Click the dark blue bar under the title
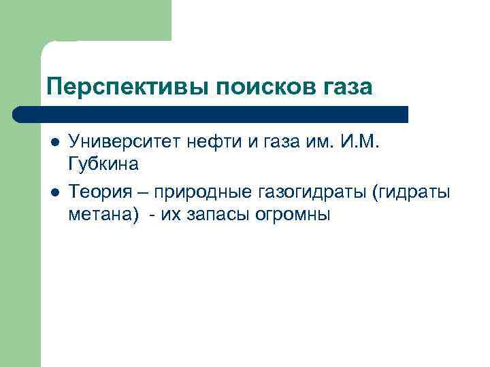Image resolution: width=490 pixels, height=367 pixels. tap(211, 113)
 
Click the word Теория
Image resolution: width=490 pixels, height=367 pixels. tap(97, 192)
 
